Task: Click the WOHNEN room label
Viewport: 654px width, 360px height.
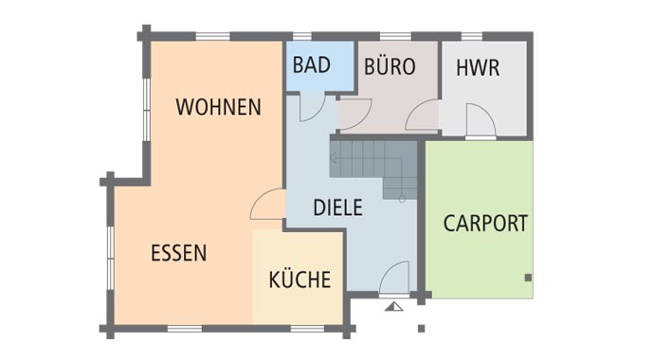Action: [218, 107]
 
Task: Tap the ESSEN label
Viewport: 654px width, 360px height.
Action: [178, 253]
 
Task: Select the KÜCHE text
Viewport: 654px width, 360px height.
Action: [300, 279]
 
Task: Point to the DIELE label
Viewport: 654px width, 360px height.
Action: [337, 207]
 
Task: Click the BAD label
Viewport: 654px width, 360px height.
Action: [311, 65]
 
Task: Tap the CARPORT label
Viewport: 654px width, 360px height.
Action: [485, 224]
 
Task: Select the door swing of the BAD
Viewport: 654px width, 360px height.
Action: [310, 107]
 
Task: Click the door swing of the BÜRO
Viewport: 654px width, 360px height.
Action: [355, 116]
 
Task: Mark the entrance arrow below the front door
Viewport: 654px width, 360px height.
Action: [394, 306]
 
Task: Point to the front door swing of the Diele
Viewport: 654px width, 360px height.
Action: [394, 279]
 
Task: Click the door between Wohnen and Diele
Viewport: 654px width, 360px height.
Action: [268, 205]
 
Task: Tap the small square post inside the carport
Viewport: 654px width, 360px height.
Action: [528, 277]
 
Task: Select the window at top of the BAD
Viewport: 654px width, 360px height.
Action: [303, 37]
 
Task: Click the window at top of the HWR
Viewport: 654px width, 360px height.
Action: [471, 37]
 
